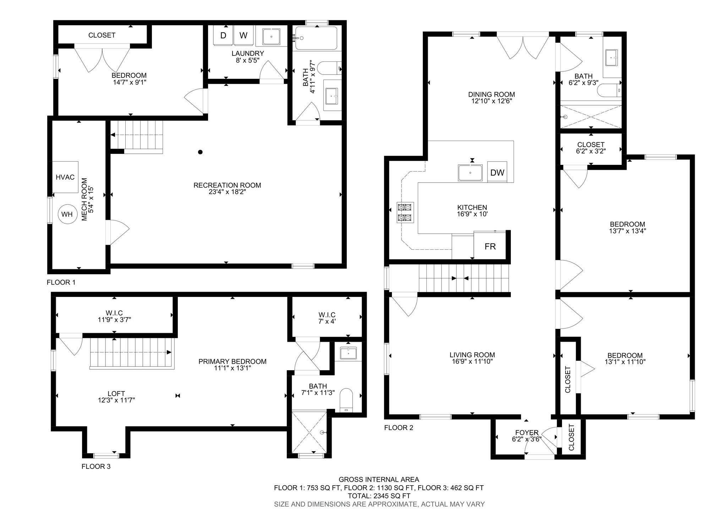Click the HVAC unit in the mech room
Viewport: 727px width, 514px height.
65,177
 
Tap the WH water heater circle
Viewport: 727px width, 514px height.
67,214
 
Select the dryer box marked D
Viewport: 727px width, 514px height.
223,36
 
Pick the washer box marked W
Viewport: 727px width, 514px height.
243,36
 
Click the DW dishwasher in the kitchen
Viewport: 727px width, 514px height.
497,173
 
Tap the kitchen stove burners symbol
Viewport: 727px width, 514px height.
405,212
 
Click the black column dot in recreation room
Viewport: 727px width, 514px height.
200,152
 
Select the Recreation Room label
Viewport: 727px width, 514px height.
227,185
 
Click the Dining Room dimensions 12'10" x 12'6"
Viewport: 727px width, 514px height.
491,101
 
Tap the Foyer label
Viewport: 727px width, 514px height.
527,433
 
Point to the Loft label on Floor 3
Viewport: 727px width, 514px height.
116,394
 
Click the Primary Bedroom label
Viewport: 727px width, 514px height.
232,362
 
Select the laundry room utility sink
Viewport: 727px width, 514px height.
271,37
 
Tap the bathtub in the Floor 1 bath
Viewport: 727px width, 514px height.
316,38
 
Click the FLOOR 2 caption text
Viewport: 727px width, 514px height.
399,428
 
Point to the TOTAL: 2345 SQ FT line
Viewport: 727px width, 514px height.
379,496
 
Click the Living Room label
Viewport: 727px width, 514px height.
472,355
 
